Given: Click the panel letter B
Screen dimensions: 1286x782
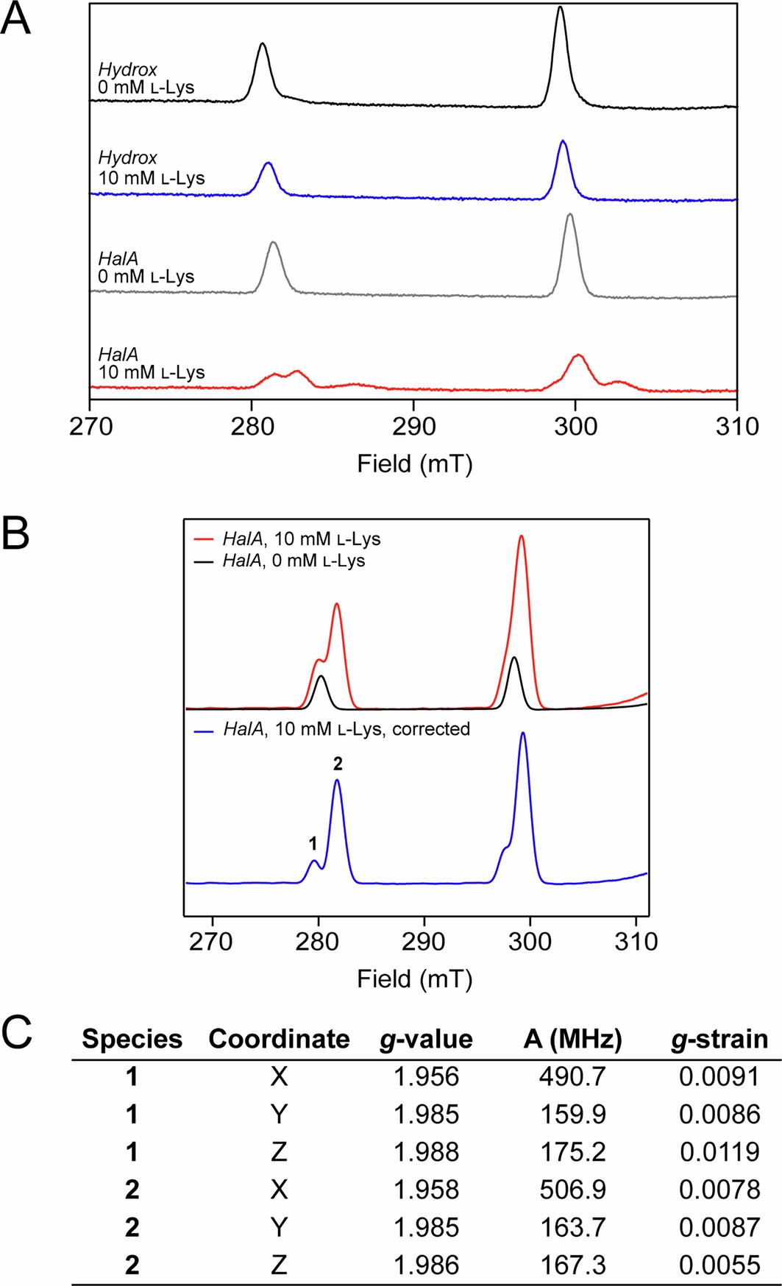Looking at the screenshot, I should click(x=15, y=534).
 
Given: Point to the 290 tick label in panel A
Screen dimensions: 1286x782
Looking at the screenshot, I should click(x=413, y=427).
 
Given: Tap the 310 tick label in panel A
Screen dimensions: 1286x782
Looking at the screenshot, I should click(x=737, y=427).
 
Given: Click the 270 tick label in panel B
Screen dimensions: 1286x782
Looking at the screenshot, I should click(x=212, y=942).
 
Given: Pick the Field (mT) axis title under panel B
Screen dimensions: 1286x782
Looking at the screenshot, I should click(x=414, y=978).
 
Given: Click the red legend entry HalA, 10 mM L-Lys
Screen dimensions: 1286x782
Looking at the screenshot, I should click(x=302, y=539).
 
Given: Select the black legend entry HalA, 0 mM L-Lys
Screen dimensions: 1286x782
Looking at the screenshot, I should click(x=294, y=561).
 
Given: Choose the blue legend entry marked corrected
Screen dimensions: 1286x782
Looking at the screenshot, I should click(x=346, y=729).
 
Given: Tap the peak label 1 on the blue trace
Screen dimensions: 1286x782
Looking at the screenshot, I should click(x=313, y=843).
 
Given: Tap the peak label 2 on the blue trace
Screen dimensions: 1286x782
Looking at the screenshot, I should click(x=338, y=764).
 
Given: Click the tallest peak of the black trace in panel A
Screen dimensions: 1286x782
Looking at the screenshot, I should click(x=561, y=9).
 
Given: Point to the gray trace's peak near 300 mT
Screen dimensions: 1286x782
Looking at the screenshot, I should click(x=570, y=216).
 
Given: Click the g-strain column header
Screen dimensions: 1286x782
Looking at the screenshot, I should click(x=719, y=1039).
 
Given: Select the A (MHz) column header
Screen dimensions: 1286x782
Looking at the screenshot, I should click(x=572, y=1039).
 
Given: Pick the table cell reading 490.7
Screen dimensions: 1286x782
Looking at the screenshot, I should click(x=572, y=1077).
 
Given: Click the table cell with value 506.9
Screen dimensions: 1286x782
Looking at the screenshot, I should click(x=572, y=1190).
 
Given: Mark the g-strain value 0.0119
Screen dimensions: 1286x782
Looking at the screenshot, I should click(x=719, y=1152).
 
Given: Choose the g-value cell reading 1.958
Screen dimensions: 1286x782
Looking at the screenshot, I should click(x=426, y=1190).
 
